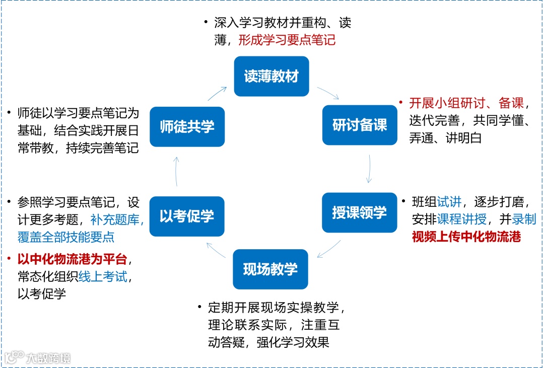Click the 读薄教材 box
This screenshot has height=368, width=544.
click(x=271, y=77)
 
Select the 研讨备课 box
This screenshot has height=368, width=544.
click(x=360, y=125)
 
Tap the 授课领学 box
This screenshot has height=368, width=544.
click(x=359, y=212)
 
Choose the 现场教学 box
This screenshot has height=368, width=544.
click(x=270, y=269)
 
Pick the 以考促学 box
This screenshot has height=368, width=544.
click(x=187, y=216)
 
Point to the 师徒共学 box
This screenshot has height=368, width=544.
click(x=187, y=127)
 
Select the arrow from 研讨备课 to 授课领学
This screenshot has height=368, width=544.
click(x=369, y=169)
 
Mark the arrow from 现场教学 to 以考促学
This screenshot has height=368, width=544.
click(x=217, y=249)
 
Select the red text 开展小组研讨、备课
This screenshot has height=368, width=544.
click(x=466, y=104)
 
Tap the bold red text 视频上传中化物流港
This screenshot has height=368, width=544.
click(x=466, y=236)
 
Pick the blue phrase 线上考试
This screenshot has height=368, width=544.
click(x=103, y=277)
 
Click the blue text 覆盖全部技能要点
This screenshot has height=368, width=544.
click(x=66, y=237)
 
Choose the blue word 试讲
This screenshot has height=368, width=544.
click(x=449, y=202)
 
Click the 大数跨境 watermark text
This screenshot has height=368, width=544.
click(x=48, y=358)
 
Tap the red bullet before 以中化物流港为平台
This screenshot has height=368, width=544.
click(x=11, y=259)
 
